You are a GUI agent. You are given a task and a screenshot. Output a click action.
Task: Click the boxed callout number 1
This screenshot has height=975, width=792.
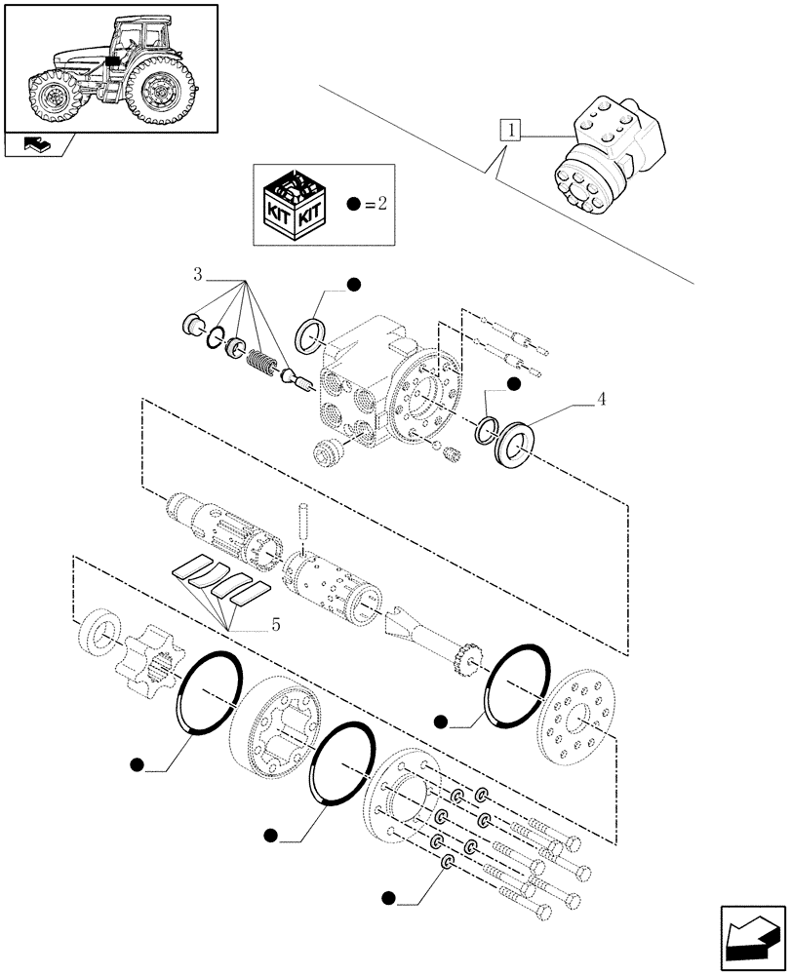coord(510,130)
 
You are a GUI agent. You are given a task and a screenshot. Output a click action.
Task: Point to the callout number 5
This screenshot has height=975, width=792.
coord(276,626)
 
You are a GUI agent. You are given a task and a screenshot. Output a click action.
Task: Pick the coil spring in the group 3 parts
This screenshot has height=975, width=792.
coord(259,363)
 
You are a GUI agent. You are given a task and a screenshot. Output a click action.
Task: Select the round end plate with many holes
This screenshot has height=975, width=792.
coord(578,718)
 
